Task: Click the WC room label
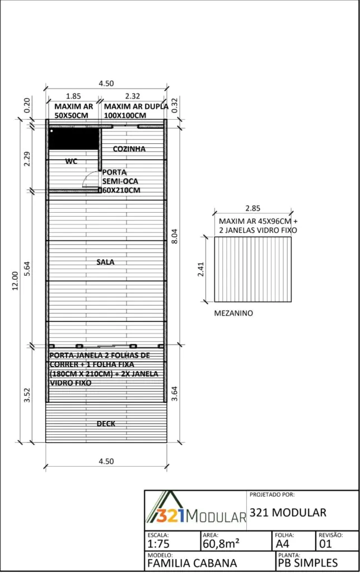[x=71, y=161]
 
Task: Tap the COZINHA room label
[x=129, y=149]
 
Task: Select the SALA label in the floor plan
[x=105, y=261]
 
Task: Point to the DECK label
[x=106, y=424]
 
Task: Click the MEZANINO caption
[x=233, y=313]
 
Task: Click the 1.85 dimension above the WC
[x=73, y=96]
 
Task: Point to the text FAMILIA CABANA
[x=192, y=563]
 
